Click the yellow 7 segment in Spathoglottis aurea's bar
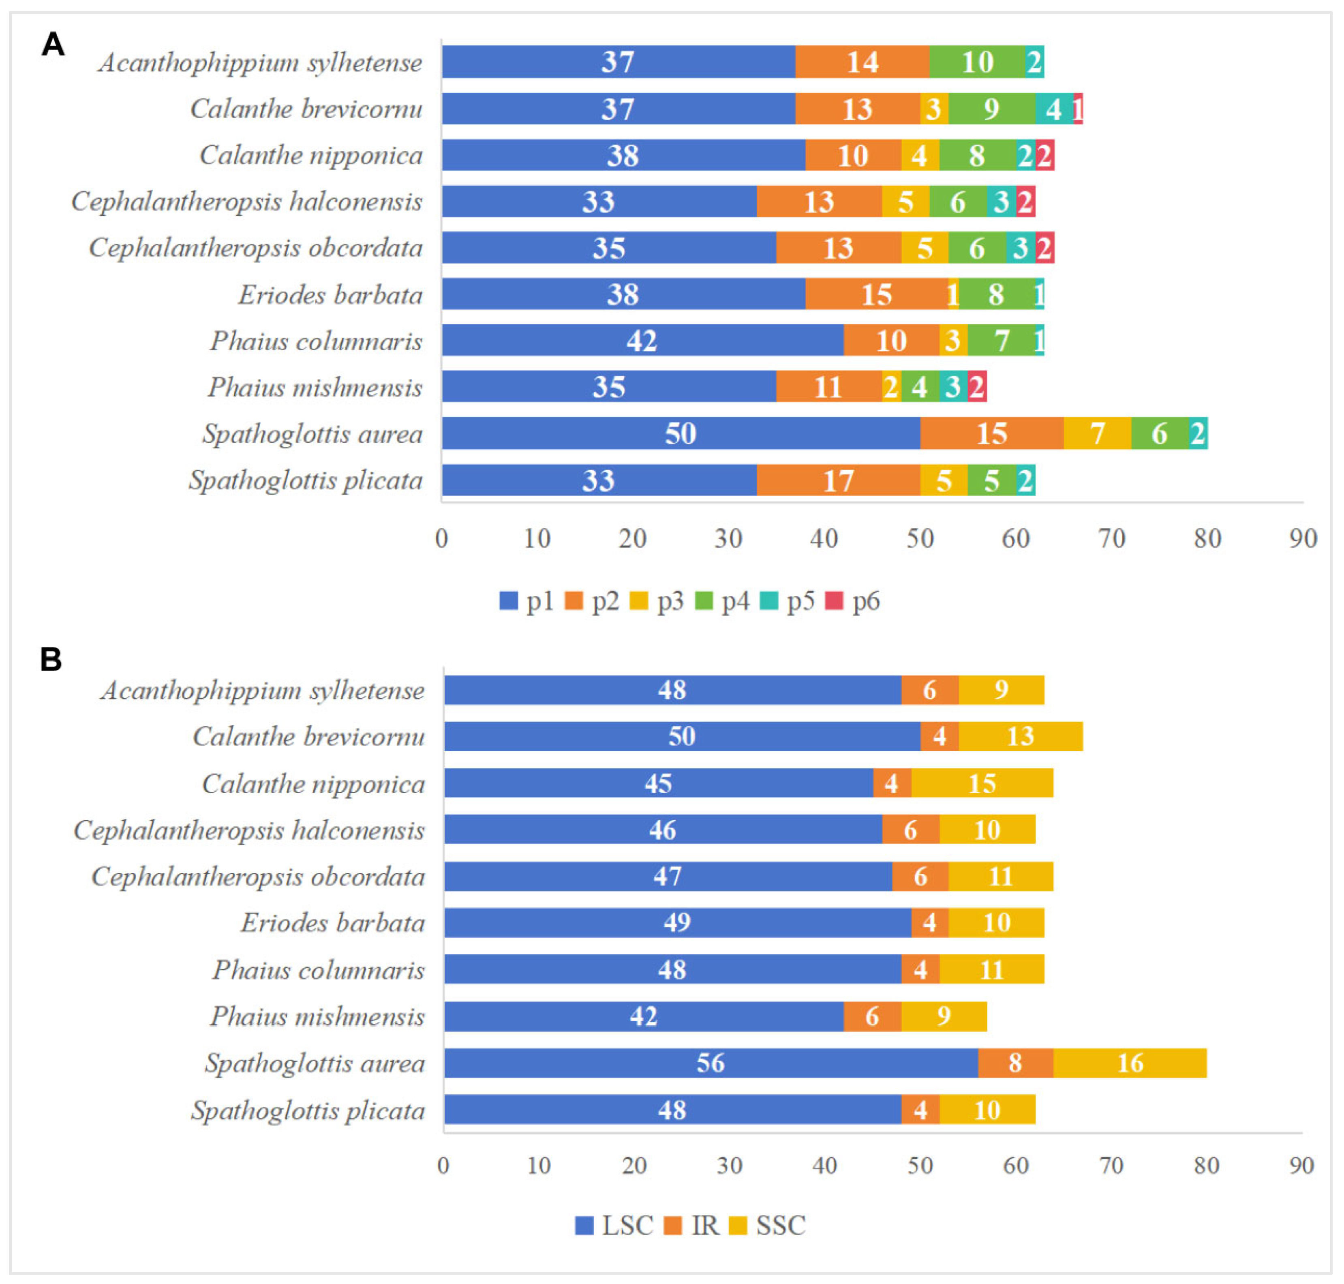coord(1097,433)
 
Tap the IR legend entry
coord(693,1225)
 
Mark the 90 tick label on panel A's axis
coord(1303,539)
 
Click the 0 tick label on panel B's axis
coord(443,1166)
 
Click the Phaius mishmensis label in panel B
coord(317,1016)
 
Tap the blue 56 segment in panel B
coord(711,1063)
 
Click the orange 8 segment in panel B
coord(1015,1063)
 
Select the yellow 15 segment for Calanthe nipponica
coord(982,783)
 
